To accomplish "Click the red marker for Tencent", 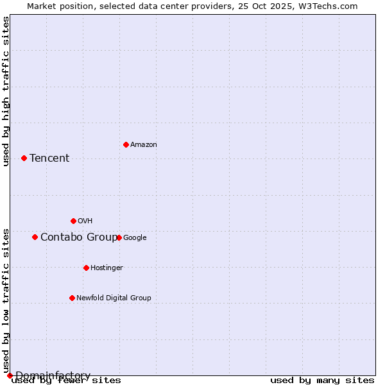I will click(24, 158).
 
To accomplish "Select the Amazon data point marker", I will click(126, 144).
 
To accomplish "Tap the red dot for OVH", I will click(73, 221).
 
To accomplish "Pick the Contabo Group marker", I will click(35, 237).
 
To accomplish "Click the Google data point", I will click(119, 237).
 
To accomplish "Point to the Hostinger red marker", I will click(86, 268).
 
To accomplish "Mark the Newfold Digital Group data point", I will click(72, 298).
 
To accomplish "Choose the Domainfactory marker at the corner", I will click(10, 375).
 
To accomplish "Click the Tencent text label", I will click(49, 158).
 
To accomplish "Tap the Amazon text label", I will click(144, 145).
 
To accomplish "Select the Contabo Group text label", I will click(79, 237).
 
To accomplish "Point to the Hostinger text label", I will click(107, 268).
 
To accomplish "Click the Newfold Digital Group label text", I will click(114, 298).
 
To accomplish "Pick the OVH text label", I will click(85, 221).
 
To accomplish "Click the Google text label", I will click(135, 238).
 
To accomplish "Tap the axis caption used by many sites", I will click(322, 381).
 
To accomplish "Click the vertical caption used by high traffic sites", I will click(6, 91).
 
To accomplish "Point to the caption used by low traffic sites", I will click(6, 300).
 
